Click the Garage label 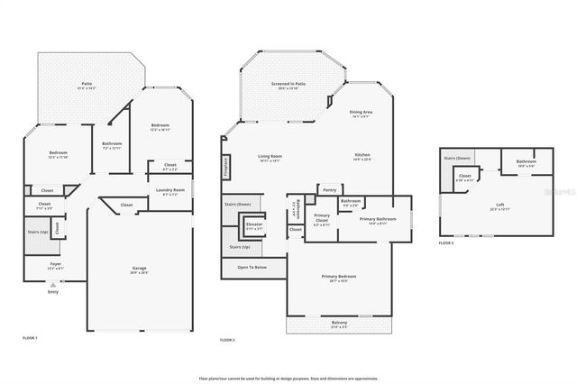pos(139,268)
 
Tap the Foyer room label pos(56,263)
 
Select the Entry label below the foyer pos(53,291)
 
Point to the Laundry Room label pos(169,190)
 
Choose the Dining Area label pos(361,113)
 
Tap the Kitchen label pos(362,156)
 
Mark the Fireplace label pos(226,168)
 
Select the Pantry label pos(328,190)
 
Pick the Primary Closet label pos(322,216)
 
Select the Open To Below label pos(252,268)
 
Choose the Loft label pos(500,205)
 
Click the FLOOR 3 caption pos(446,243)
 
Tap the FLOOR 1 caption pos(30,337)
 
